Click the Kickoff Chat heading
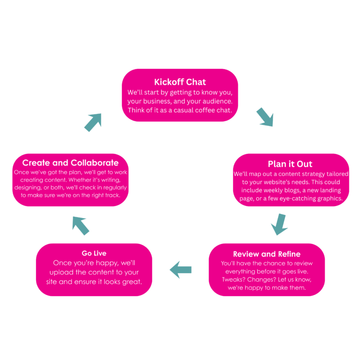[x=180, y=82]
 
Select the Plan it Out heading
[x=290, y=164]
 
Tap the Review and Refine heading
[x=267, y=254]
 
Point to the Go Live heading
[x=94, y=253]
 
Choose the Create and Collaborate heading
[x=70, y=163]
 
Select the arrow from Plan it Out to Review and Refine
[x=279, y=225]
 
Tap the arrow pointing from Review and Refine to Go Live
[x=181, y=270]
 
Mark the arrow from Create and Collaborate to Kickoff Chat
[x=93, y=121]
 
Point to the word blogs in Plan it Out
[x=299, y=190]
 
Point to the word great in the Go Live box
[x=132, y=282]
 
